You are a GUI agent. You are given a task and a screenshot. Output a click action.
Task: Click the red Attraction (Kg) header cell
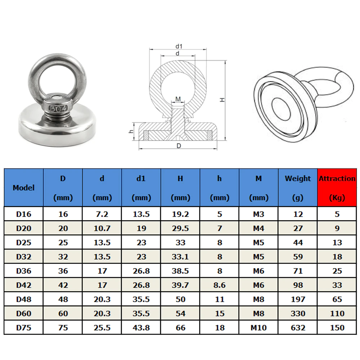[337, 188]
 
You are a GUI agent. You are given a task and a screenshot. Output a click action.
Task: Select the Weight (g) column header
[298, 188]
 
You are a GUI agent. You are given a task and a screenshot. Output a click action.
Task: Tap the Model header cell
[24, 188]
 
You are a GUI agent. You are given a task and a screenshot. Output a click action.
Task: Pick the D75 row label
[24, 328]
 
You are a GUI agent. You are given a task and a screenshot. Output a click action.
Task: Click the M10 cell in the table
[258, 328]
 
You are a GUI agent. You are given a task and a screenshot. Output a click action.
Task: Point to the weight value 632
[298, 328]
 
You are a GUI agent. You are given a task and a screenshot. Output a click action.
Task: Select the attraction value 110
[337, 314]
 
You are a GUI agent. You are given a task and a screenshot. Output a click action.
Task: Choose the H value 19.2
[180, 214]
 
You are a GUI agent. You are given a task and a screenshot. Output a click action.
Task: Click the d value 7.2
[102, 214]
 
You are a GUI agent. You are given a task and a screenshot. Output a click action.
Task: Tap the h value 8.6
[220, 285]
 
